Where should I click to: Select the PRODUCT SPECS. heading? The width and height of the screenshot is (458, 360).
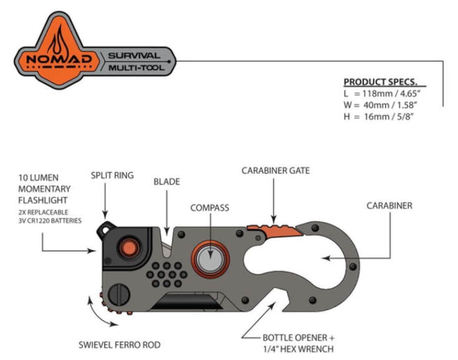(x=384, y=82)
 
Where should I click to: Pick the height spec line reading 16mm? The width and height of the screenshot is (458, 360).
(x=379, y=117)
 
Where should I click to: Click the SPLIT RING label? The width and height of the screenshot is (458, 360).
(x=112, y=175)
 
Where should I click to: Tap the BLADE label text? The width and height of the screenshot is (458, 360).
(x=166, y=182)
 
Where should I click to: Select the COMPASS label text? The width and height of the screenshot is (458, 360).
(x=209, y=208)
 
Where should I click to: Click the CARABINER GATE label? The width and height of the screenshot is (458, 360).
(x=275, y=170)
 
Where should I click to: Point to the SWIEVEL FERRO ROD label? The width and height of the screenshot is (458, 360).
(x=120, y=345)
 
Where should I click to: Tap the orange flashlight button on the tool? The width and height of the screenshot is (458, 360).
(x=129, y=248)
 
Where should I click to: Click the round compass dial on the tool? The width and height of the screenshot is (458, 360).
(x=210, y=259)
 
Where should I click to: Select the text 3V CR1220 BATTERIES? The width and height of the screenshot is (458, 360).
(x=50, y=221)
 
